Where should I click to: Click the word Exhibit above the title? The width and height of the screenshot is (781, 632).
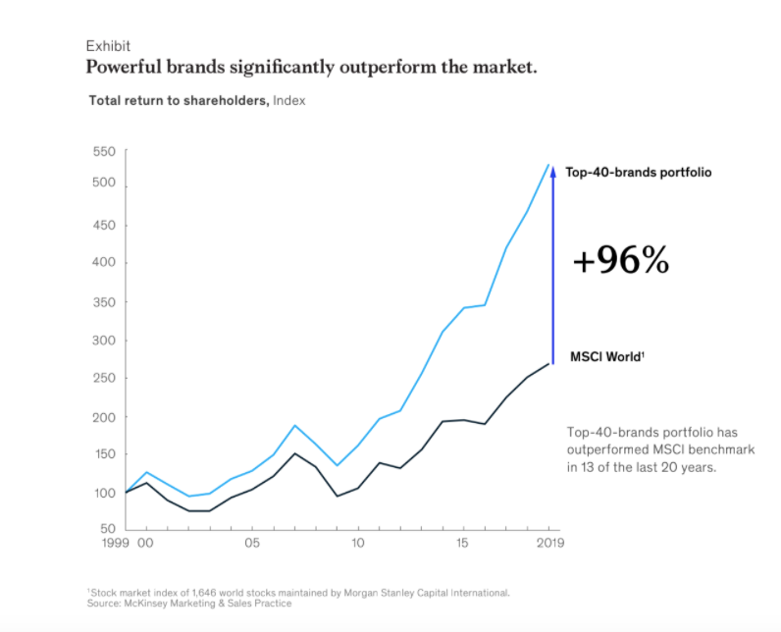pyautogui.click(x=108, y=46)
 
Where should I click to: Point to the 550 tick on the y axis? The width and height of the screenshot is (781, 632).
pyautogui.click(x=105, y=151)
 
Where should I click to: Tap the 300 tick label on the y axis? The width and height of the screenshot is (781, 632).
pyautogui.click(x=105, y=341)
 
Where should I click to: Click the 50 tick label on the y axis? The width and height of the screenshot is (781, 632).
pyautogui.click(x=108, y=530)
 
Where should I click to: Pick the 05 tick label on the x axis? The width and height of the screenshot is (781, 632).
pyautogui.click(x=252, y=542)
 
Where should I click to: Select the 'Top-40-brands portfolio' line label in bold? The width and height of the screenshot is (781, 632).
pyautogui.click(x=638, y=172)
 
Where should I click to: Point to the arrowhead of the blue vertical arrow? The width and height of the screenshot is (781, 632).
pyautogui.click(x=552, y=170)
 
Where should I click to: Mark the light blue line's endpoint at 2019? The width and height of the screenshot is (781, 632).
pyautogui.click(x=548, y=164)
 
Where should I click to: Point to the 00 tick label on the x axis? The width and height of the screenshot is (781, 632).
pyautogui.click(x=144, y=542)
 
